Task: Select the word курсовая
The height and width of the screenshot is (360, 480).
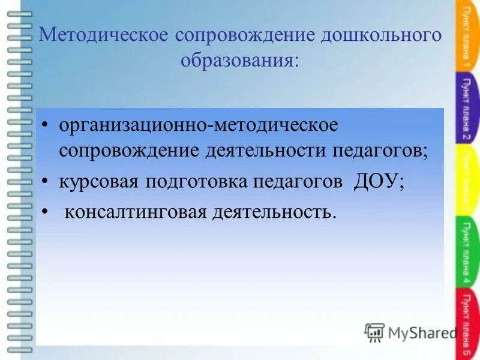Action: click(97, 181)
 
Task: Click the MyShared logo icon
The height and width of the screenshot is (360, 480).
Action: click(375, 332)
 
